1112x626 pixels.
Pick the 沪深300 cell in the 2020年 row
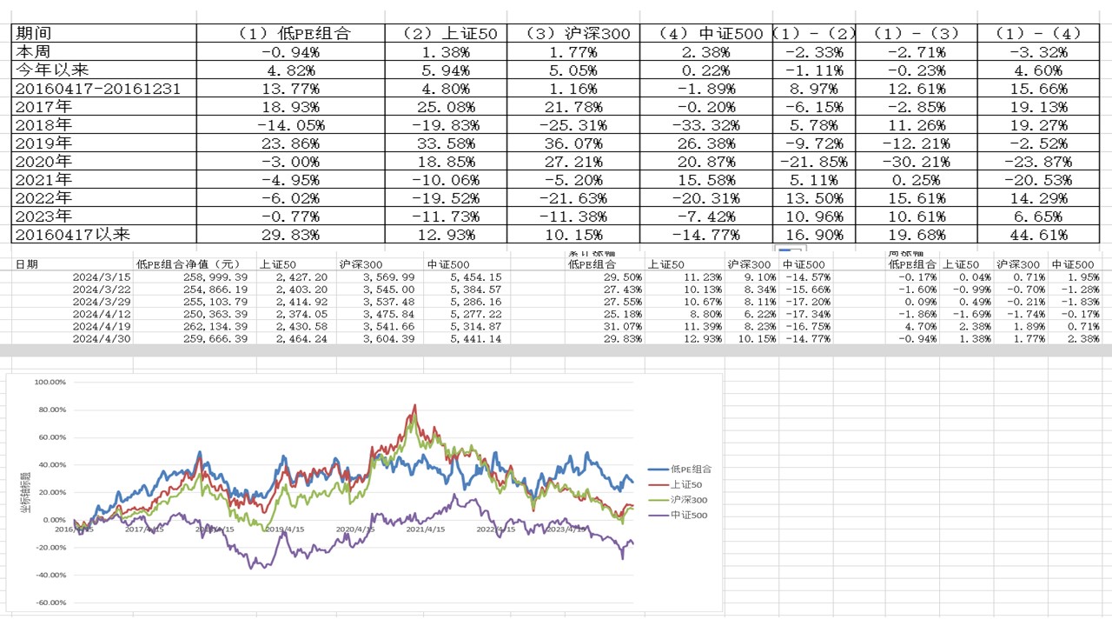573,162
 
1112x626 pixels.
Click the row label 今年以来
51,70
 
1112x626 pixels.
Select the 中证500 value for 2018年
706,125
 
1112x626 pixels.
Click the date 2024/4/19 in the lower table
101,326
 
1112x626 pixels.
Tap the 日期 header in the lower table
26,264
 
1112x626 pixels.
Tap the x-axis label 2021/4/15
426,529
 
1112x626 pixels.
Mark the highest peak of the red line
415,405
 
